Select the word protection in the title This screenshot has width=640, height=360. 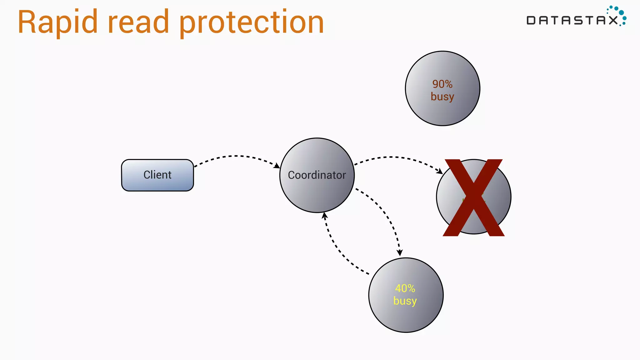[252, 22]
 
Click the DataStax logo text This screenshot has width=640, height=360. [572, 21]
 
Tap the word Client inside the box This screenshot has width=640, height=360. [157, 175]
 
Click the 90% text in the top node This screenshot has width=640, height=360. [442, 84]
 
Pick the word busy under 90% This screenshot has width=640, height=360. [442, 97]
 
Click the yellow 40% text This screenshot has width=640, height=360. [405, 288]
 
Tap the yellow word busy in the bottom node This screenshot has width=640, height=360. [405, 301]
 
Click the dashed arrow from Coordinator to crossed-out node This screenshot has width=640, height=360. [394, 157]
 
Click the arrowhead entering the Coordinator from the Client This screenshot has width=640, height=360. [277, 166]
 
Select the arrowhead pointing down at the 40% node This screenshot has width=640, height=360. [399, 253]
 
